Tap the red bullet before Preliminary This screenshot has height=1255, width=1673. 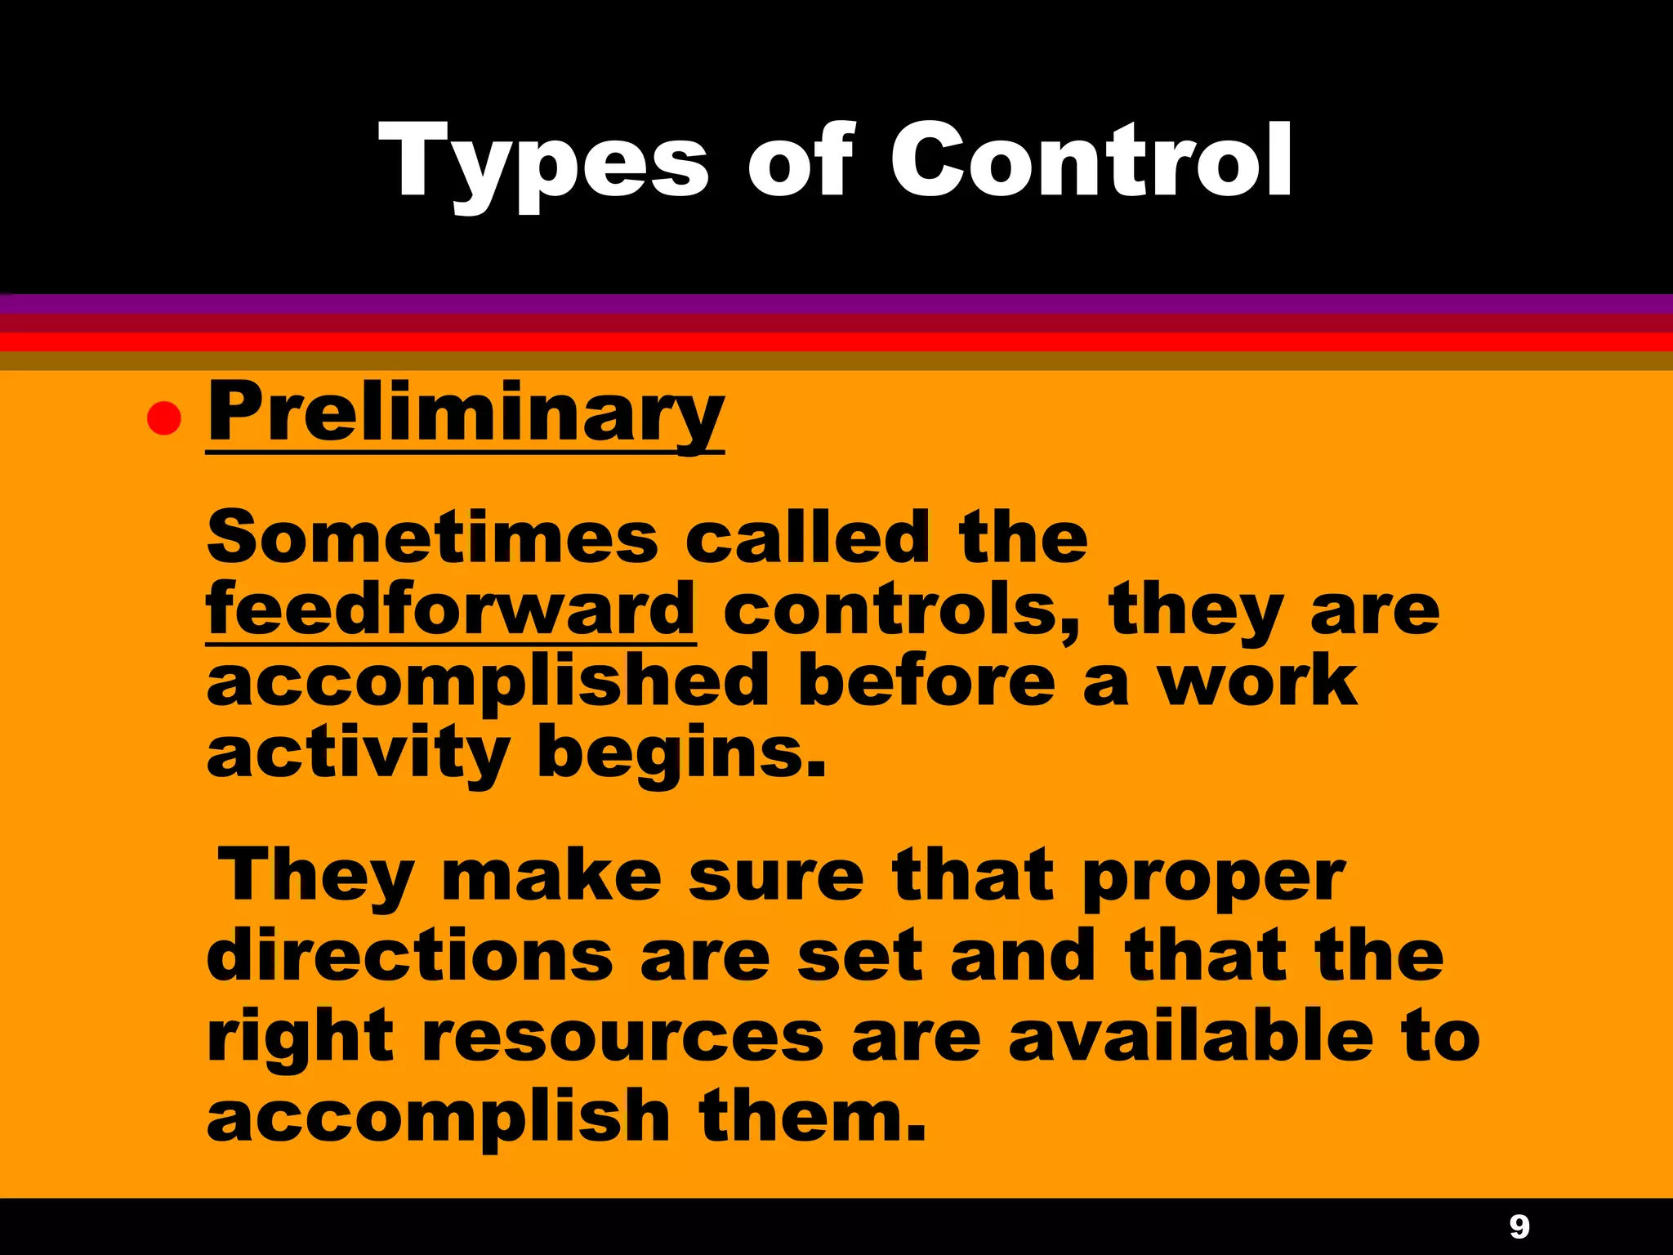[x=163, y=418]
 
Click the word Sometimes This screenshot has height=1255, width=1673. [x=432, y=537]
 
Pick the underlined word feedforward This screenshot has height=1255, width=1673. [x=450, y=609]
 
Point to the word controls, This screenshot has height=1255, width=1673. [x=901, y=610]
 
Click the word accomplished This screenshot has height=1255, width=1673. [x=488, y=681]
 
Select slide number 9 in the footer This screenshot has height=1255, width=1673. [x=1519, y=1226]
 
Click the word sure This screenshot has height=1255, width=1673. [x=776, y=877]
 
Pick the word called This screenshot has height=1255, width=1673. [x=806, y=537]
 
